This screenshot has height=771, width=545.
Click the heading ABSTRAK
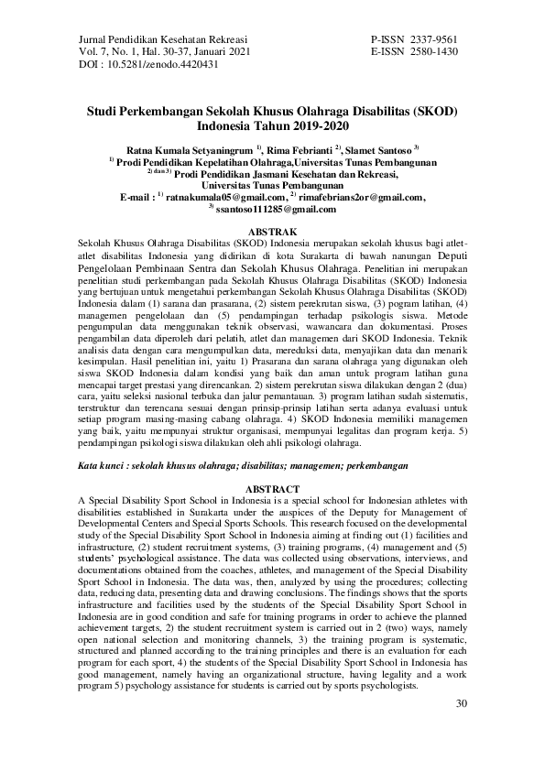(x=273, y=233)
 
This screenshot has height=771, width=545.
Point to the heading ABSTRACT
(x=273, y=490)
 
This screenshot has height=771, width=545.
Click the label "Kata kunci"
(x=104, y=467)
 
